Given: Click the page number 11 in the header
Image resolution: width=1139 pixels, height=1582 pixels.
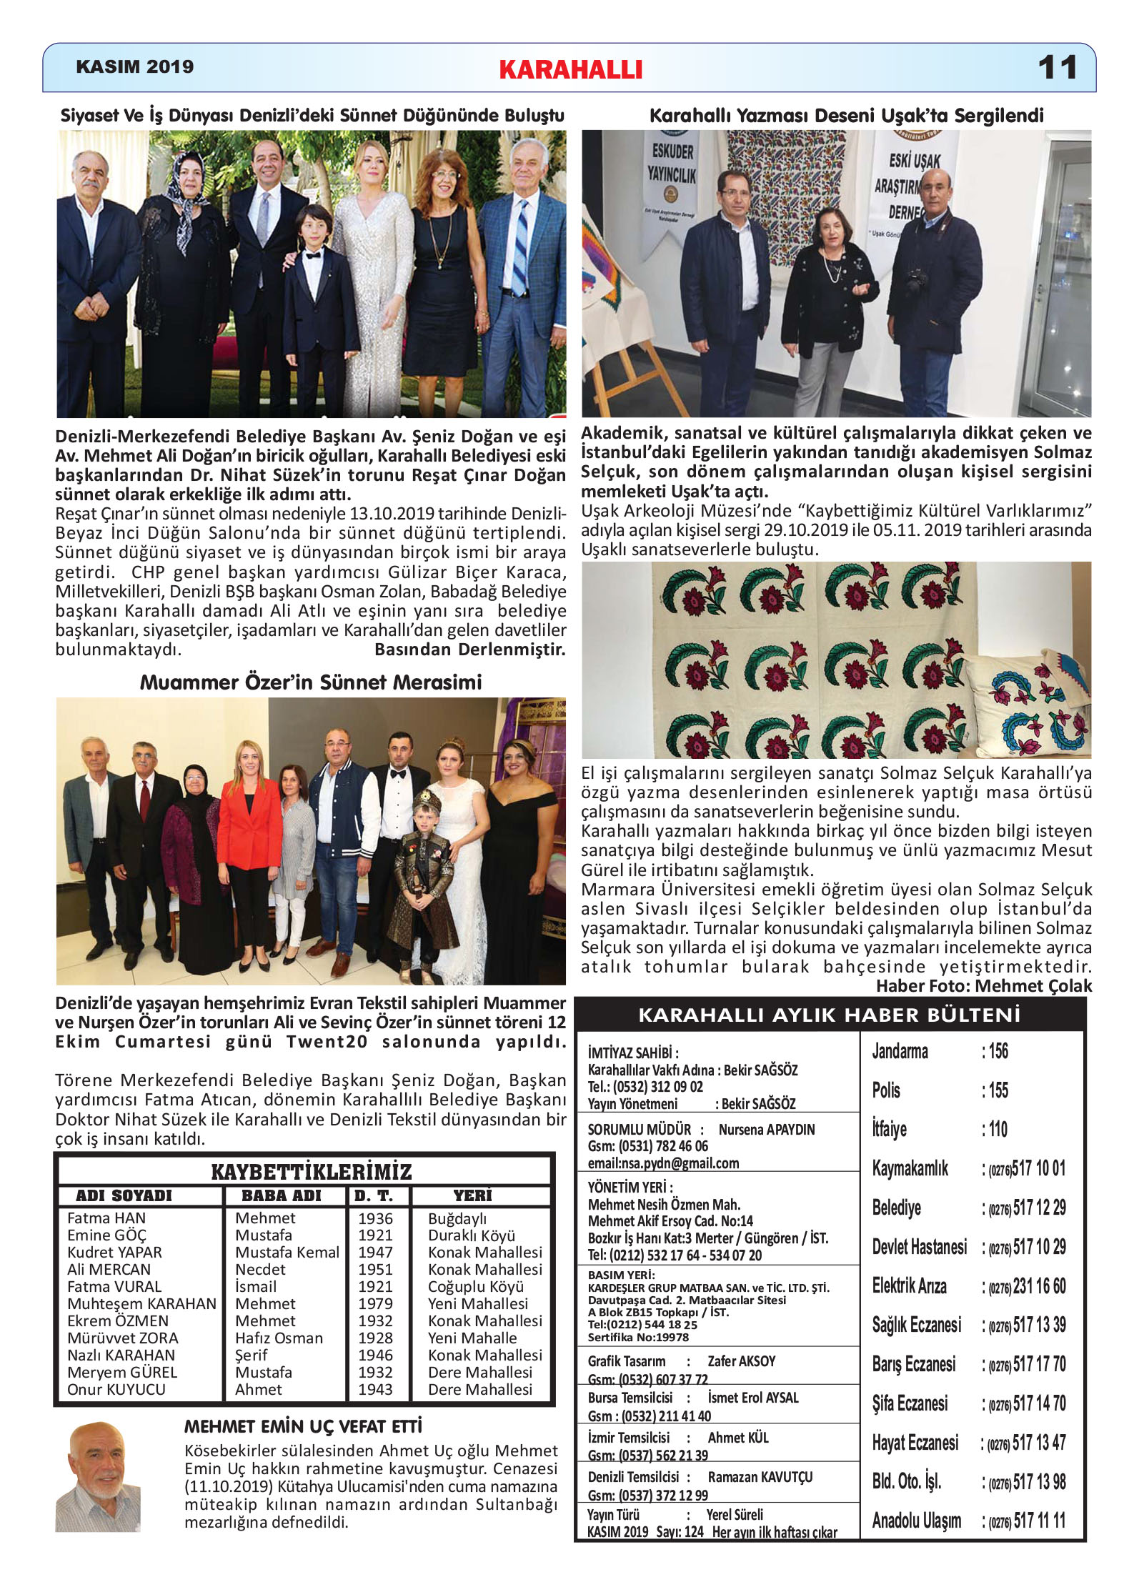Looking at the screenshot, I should click(x=1057, y=68).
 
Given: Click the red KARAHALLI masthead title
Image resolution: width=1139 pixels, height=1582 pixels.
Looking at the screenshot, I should click(x=570, y=69).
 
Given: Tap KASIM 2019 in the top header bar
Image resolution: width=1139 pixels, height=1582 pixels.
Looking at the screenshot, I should click(x=134, y=66).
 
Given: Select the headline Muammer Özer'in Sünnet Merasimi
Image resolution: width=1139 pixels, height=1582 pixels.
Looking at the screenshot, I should click(x=311, y=682).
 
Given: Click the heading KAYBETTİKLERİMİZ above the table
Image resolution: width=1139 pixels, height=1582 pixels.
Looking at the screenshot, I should click(x=312, y=1172).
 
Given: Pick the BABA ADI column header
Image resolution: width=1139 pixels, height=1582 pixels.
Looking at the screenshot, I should click(x=282, y=1195).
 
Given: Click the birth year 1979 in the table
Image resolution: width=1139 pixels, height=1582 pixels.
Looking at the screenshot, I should click(x=375, y=1303).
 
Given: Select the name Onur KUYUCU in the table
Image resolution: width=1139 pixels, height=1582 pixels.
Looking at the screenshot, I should click(x=116, y=1389).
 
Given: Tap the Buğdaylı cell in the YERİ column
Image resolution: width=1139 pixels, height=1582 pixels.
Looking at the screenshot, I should click(x=457, y=1218).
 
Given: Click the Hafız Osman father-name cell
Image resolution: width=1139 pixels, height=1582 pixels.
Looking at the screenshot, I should click(x=279, y=1338).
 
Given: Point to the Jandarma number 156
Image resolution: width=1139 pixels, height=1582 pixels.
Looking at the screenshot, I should click(x=998, y=1051).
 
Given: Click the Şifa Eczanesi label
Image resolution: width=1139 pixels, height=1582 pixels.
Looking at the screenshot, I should click(x=910, y=1403).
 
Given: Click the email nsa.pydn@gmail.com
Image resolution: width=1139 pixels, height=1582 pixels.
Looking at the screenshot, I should click(x=663, y=1163).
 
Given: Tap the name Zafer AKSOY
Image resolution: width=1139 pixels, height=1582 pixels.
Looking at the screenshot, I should click(x=741, y=1361).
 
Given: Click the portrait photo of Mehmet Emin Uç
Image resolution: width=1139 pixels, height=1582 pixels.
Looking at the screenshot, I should click(x=98, y=1476).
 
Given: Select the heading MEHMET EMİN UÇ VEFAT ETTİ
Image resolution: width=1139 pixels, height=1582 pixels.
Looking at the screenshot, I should click(x=303, y=1427).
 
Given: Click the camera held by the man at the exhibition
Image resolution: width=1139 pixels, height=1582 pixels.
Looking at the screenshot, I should click(x=916, y=280).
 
